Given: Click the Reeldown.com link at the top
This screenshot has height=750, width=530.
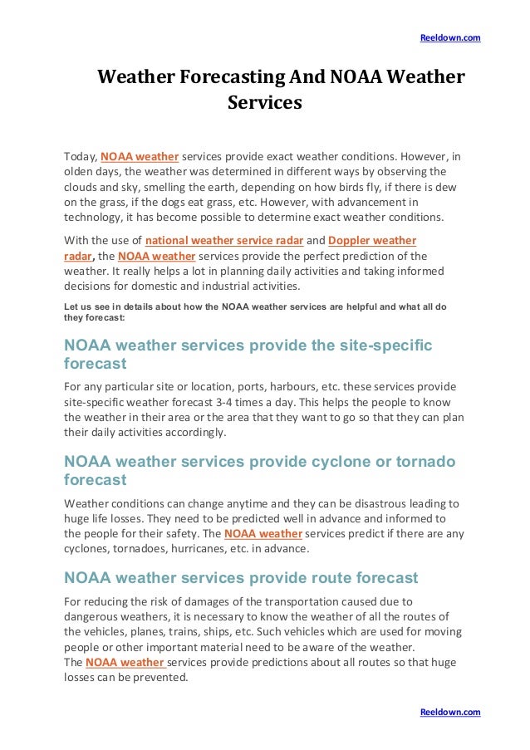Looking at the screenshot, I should coord(450,38).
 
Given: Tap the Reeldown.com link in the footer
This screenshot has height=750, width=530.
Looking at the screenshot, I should coord(450,713).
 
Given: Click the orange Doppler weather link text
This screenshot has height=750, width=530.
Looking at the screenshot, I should coord(372,241).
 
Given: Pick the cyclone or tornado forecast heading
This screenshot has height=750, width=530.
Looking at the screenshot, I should coord(259,470).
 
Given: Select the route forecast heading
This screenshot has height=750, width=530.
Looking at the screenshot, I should coord(241,578).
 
